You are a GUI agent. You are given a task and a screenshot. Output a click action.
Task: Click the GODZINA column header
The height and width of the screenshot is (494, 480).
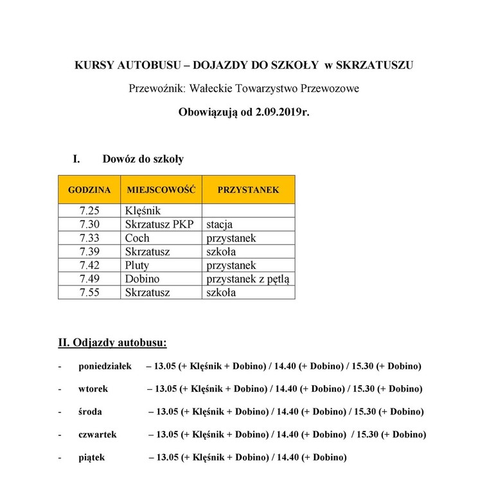click(x=89, y=190)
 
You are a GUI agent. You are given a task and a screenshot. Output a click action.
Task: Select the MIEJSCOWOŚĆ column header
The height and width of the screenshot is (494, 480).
click(x=161, y=190)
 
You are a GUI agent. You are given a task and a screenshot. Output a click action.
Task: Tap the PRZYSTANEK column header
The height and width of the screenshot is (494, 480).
click(x=248, y=190)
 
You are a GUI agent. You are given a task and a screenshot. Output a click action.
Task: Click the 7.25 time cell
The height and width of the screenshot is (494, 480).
click(x=89, y=211)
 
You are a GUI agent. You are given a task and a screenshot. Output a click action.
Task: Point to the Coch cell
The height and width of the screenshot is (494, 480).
click(x=137, y=238)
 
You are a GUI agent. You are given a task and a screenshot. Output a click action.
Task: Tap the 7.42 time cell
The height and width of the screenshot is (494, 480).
click(x=89, y=265)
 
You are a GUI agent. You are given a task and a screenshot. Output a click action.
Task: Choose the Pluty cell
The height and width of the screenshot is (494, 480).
click(x=138, y=265)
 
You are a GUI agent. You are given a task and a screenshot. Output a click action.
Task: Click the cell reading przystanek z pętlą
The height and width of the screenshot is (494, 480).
click(x=247, y=279)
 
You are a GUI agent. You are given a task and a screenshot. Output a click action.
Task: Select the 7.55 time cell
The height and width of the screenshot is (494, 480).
click(x=89, y=292)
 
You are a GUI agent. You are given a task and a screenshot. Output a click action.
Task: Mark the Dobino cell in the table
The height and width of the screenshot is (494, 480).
click(x=142, y=279)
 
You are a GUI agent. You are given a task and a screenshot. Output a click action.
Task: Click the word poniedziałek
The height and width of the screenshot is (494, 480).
click(x=105, y=367)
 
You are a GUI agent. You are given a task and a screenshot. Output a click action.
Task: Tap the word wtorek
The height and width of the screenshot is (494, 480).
click(x=93, y=389)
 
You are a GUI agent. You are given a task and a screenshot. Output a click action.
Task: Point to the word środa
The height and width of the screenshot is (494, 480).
click(x=91, y=412)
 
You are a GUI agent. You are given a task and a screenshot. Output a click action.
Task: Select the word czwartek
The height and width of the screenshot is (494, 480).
click(x=98, y=434)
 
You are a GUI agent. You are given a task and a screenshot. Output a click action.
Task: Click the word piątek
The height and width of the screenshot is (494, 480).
click(x=91, y=457)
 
